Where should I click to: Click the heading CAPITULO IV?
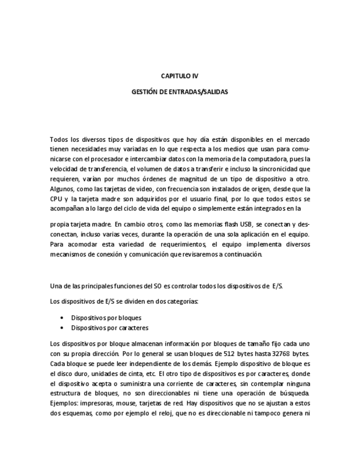(x=179, y=76)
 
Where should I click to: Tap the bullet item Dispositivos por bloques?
(x=106, y=318)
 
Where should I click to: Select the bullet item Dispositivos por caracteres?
(x=109, y=328)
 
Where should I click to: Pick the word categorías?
(x=181, y=301)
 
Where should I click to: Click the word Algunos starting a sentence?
(x=63, y=188)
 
